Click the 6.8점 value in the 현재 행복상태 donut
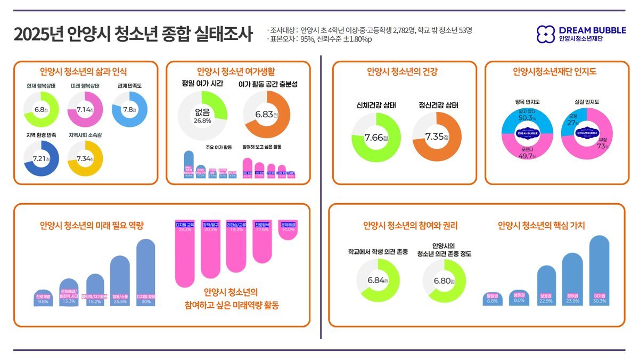coord(41,109)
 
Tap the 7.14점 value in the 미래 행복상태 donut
coord(85,109)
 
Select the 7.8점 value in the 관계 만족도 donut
coord(129,109)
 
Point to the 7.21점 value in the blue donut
coord(41,159)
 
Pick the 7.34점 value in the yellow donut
coord(85,159)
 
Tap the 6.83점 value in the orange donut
coord(266,115)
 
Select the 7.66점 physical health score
coord(376,138)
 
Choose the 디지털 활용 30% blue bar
coord(145,272)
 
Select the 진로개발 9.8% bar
coord(43,297)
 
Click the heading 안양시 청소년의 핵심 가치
coord(541,226)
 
